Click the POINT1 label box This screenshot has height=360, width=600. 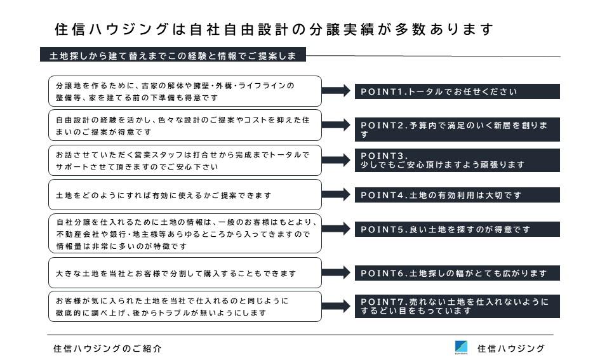tap(457, 91)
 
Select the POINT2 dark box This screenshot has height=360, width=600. tap(457, 130)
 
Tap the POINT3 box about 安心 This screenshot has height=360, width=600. tap(457, 160)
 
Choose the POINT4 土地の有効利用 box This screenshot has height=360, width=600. tap(457, 195)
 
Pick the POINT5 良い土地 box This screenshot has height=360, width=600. tap(457, 229)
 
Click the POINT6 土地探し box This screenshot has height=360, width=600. tap(457, 273)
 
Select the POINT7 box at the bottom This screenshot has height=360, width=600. tap(457, 306)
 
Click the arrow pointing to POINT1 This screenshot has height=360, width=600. tap(336, 90)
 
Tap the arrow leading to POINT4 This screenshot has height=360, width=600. tap(336, 194)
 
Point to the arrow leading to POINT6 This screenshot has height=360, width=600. tap(336, 272)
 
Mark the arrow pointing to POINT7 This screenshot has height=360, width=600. tap(336, 306)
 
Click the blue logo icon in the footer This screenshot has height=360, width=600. tap(461, 347)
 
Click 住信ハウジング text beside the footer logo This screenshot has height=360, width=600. tap(511, 349)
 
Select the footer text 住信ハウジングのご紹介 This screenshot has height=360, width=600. tap(107, 349)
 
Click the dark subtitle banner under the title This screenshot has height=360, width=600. tap(173, 55)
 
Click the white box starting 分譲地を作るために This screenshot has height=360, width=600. tap(185, 91)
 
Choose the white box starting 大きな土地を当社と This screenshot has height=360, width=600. tap(185, 273)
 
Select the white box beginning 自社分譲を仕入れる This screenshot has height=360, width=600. tap(185, 234)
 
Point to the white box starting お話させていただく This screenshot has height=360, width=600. tap(185, 160)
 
